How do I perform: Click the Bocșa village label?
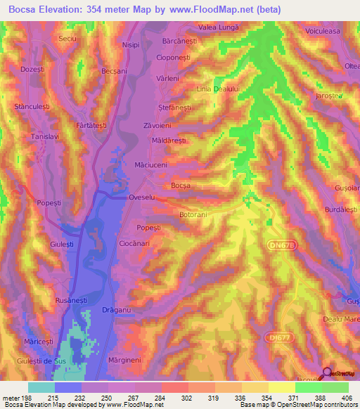pos(181,185)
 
